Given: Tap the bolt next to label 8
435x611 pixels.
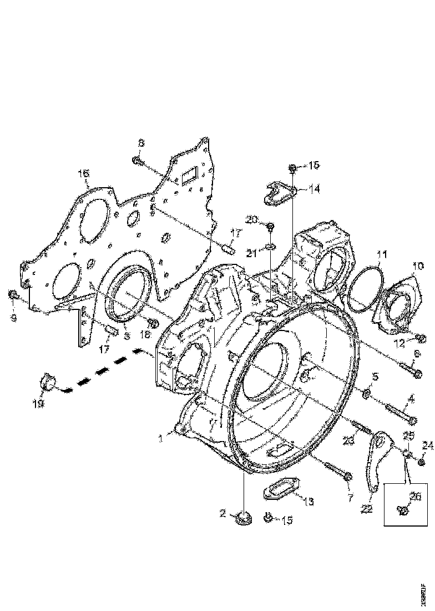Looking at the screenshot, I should tap(138, 161).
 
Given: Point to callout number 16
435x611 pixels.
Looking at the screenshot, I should tap(83, 174).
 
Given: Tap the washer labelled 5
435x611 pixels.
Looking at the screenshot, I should tap(366, 394).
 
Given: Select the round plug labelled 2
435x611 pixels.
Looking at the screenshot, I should tap(242, 519).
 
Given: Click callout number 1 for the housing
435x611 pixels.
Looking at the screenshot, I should tap(160, 438).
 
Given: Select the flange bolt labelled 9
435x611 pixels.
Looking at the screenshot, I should tap(13, 295).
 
